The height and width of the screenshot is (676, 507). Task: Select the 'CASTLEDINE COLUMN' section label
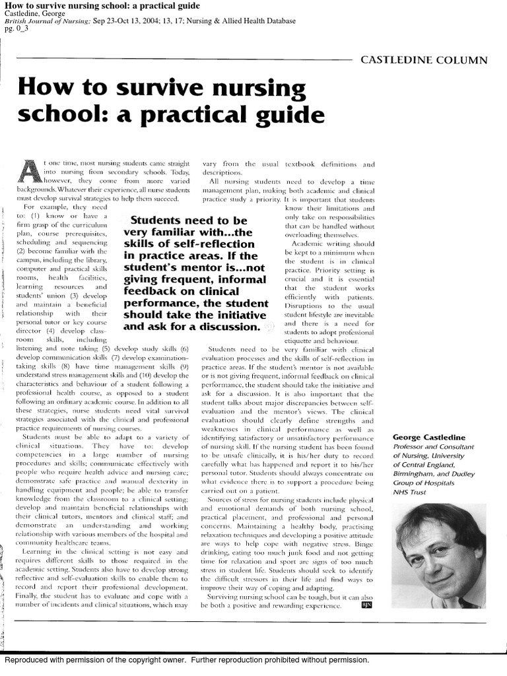(x=424, y=60)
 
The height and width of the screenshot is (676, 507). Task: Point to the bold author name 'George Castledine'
(x=429, y=437)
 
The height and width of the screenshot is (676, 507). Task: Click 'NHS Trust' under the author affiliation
(x=412, y=492)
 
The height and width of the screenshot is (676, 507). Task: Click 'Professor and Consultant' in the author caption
(x=434, y=446)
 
